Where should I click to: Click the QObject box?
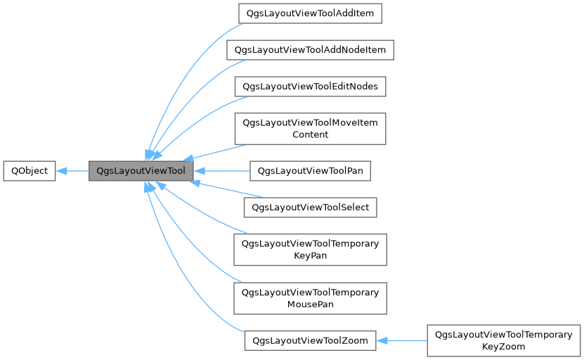click(29, 171)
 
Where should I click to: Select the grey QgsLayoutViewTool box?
click(141, 171)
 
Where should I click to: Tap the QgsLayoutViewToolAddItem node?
click(310, 13)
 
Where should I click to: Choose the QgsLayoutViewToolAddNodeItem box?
click(310, 50)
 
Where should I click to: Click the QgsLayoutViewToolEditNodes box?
click(310, 86)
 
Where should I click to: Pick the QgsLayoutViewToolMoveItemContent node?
click(310, 128)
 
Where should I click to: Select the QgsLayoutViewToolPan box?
click(310, 171)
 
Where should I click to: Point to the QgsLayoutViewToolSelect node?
click(310, 207)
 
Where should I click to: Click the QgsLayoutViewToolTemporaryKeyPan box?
click(310, 249)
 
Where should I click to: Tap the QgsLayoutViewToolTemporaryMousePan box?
click(310, 298)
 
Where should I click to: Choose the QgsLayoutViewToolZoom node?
click(310, 340)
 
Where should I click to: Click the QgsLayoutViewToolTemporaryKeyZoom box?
click(504, 340)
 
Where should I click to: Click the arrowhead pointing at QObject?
click(61, 171)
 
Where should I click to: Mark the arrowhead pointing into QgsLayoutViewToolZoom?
click(382, 340)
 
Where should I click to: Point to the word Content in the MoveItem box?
click(310, 134)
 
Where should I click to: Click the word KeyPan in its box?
click(310, 255)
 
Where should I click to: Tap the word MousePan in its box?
click(310, 304)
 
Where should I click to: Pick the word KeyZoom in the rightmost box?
click(504, 347)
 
